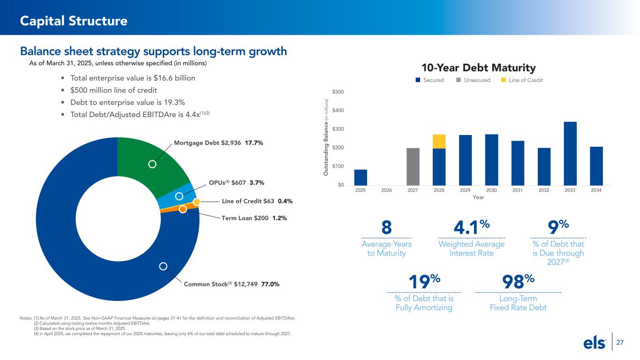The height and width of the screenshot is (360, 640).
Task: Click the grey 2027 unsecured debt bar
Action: click(x=413, y=166)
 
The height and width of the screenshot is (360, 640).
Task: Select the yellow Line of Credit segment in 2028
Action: click(x=439, y=142)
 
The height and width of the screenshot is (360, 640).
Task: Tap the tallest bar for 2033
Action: click(x=570, y=153)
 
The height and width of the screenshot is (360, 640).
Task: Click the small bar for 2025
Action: click(x=361, y=177)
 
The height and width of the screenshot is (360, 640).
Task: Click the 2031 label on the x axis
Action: click(x=518, y=190)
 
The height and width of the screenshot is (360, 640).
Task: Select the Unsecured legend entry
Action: click(x=474, y=80)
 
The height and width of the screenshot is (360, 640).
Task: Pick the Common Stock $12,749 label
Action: click(x=220, y=284)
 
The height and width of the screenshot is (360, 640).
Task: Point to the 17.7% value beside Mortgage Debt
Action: click(x=254, y=142)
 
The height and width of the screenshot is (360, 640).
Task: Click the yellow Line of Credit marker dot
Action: click(x=197, y=202)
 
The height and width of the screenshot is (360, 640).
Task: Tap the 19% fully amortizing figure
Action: click(x=424, y=282)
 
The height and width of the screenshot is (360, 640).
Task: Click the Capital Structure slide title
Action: click(x=74, y=21)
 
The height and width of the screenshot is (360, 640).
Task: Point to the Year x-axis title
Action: click(x=478, y=197)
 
